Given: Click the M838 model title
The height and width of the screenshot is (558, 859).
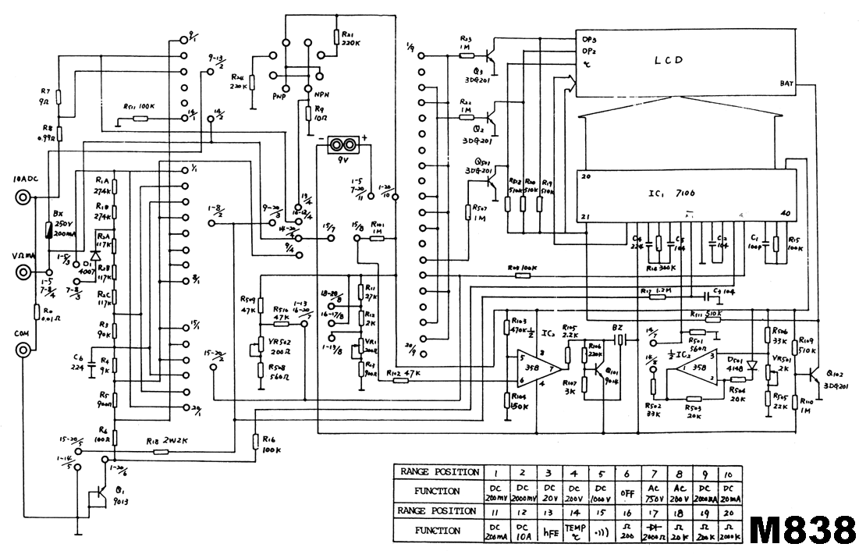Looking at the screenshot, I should coord(801,530).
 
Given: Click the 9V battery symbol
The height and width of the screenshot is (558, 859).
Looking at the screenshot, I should coord(340,145).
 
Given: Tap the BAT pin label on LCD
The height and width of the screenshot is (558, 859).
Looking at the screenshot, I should coord(786,84).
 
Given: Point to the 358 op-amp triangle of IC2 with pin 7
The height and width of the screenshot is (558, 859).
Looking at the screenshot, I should coord(541,367).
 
